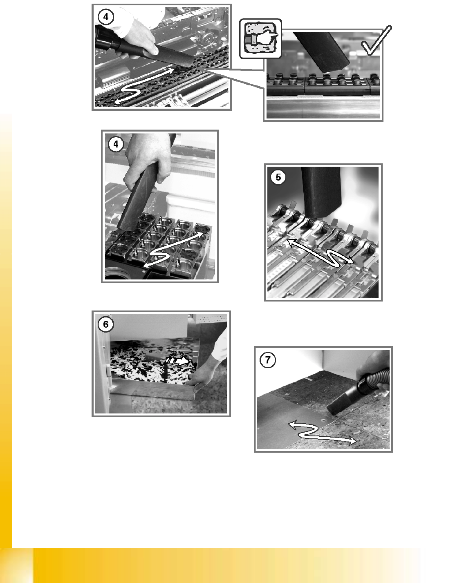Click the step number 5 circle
pyautogui.click(x=278, y=177)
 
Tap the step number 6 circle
pyautogui.click(x=105, y=324)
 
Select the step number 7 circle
pyautogui.click(x=268, y=360)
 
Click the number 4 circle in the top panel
pyautogui.click(x=105, y=17)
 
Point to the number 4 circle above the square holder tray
pyautogui.click(x=116, y=144)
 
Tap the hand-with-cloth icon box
pyautogui.click(x=260, y=38)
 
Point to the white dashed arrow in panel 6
pyautogui.click(x=177, y=361)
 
